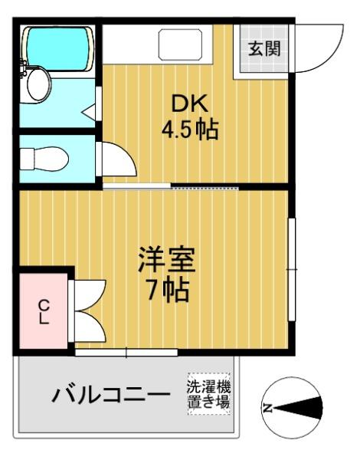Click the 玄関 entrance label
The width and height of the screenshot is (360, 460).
click(264, 48)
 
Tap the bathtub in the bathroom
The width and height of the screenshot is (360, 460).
click(60, 48)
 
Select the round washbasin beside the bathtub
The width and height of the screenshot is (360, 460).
click(38, 84)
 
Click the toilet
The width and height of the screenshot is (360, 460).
click(44, 159)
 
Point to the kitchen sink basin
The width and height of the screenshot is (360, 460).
click(180, 44)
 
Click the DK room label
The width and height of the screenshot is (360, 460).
click(190, 103)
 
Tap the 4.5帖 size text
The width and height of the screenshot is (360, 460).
click(190, 129)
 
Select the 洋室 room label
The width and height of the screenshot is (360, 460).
click(167, 259)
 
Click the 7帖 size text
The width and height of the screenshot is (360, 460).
click(168, 290)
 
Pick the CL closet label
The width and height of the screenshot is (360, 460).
click(44, 311)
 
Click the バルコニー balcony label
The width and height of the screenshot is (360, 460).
click(111, 395)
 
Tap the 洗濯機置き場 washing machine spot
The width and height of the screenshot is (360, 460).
click(209, 394)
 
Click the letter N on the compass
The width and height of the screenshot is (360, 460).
click(267, 408)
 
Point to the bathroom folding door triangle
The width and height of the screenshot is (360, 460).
click(89, 111)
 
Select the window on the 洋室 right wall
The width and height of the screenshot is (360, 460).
click(291, 269)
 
